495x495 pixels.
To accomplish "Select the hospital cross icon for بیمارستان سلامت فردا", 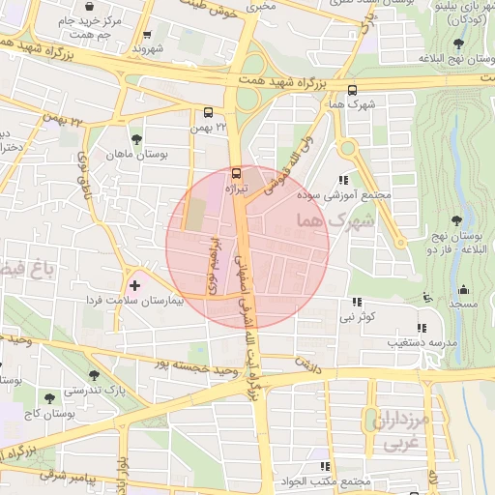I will pyautogui.click(x=134, y=286).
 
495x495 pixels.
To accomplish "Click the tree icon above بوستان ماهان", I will pyautogui.click(x=135, y=139).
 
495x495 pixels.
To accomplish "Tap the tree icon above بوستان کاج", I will pyautogui.click(x=48, y=397).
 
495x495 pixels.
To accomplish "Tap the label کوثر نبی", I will pyautogui.click(x=357, y=316).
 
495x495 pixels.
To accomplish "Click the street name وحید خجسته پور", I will pyautogui.click(x=201, y=368).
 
